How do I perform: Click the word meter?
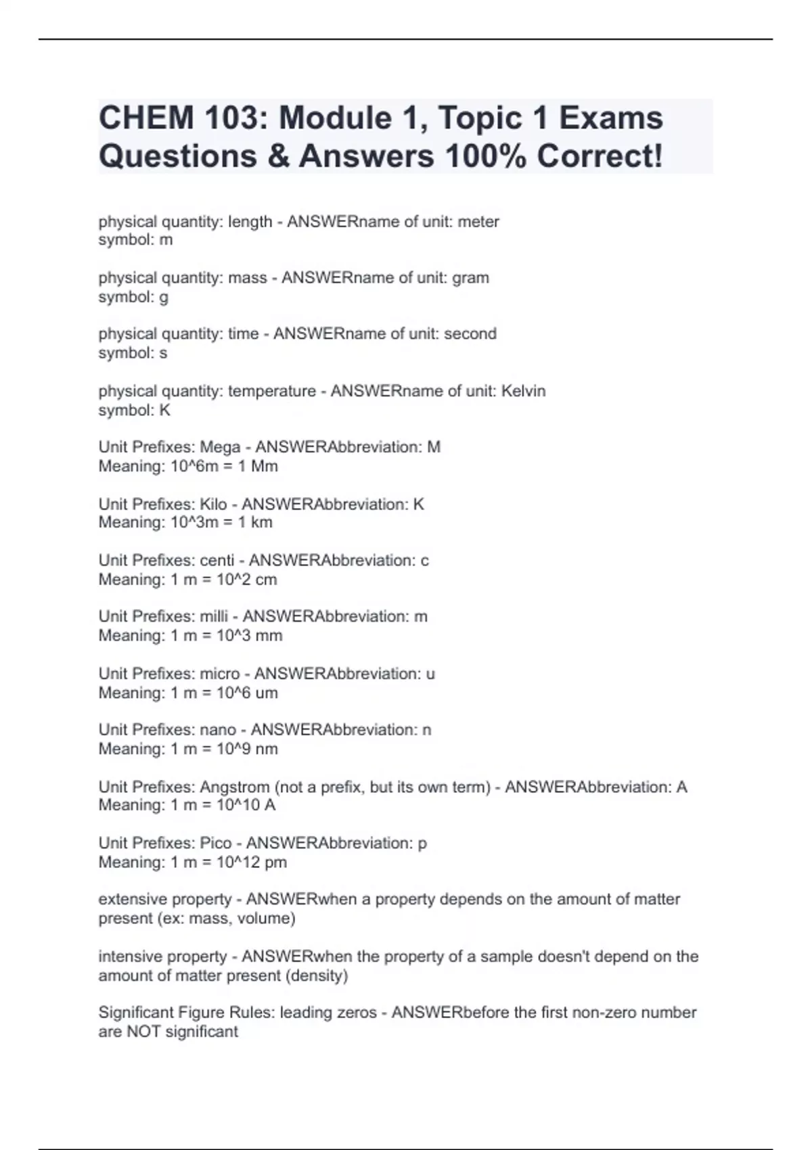point(478,222)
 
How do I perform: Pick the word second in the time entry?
point(470,334)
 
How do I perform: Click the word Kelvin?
point(523,391)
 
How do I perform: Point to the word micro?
point(220,674)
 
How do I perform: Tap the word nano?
point(218,730)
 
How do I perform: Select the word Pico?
point(215,843)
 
